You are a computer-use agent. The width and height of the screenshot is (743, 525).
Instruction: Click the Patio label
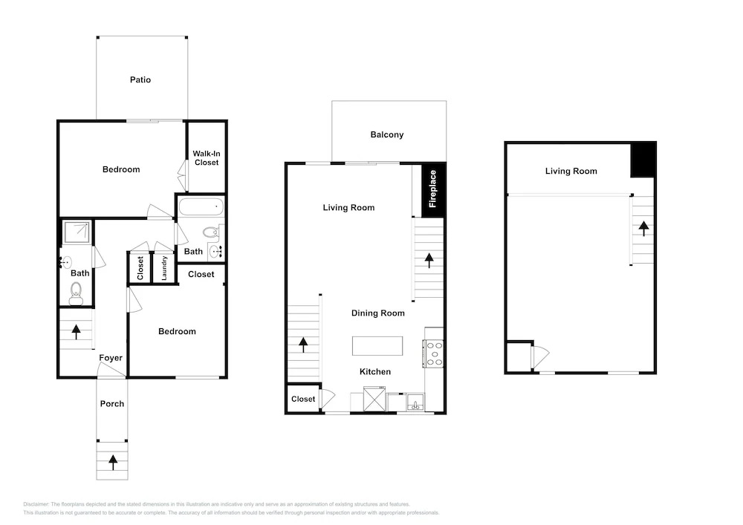(140, 79)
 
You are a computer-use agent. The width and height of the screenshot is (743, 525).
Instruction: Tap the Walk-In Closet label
(206, 158)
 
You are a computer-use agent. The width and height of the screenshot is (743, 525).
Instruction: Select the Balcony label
(386, 134)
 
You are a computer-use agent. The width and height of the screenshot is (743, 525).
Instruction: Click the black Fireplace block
(432, 189)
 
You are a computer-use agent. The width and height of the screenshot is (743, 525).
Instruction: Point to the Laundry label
(164, 268)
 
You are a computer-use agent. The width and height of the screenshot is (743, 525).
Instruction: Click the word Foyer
(111, 358)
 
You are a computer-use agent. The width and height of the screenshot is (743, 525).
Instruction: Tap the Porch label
(112, 404)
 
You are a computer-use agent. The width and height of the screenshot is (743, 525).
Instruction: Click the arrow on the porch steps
(113, 462)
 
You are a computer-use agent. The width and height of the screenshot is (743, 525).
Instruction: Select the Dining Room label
(377, 313)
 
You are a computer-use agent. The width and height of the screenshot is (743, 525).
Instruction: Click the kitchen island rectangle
(377, 345)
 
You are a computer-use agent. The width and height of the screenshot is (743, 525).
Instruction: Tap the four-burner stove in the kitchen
(434, 353)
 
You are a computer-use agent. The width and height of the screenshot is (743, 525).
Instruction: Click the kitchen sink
(415, 403)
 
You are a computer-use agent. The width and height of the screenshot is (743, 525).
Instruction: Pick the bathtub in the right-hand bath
(201, 207)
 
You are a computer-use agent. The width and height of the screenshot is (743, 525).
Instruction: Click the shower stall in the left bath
(77, 232)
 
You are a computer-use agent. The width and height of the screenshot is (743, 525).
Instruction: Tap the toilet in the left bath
(76, 293)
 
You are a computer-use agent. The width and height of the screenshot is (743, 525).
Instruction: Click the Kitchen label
(374, 371)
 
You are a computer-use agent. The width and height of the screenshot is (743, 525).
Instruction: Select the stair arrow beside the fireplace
(429, 261)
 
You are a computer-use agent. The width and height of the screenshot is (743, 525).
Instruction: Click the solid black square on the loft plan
(643, 160)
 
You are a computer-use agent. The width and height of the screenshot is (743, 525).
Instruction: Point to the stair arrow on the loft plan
(643, 229)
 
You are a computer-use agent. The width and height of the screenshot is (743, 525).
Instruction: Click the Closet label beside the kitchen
(303, 399)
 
